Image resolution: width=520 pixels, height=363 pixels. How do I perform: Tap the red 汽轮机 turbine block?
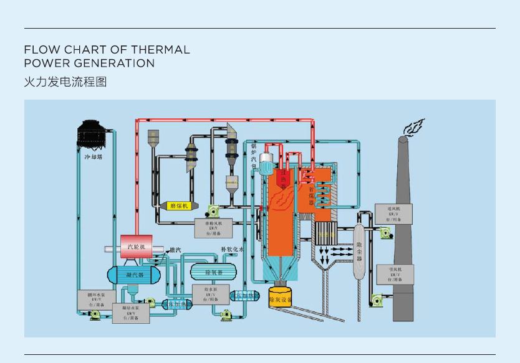(x=136, y=247)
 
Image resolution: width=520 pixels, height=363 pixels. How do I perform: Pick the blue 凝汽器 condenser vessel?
(x=135, y=274)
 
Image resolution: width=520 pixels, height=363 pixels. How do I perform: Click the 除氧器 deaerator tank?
(x=214, y=272)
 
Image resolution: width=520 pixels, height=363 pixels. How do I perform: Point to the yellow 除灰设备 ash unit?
(x=281, y=299)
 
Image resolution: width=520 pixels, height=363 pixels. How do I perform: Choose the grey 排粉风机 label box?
(x=213, y=229)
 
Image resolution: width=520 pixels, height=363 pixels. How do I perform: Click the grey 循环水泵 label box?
(x=96, y=300)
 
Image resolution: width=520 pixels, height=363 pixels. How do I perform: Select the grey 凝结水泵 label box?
(x=131, y=313)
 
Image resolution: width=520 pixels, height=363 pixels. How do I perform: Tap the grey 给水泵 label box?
(x=205, y=294)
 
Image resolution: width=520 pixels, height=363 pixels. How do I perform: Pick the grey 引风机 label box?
(x=395, y=274)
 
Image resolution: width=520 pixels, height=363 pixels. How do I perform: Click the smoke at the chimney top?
(x=413, y=128)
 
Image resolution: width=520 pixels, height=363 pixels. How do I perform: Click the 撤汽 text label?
(x=175, y=250)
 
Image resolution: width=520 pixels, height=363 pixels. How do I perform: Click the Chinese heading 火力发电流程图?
(x=65, y=82)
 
